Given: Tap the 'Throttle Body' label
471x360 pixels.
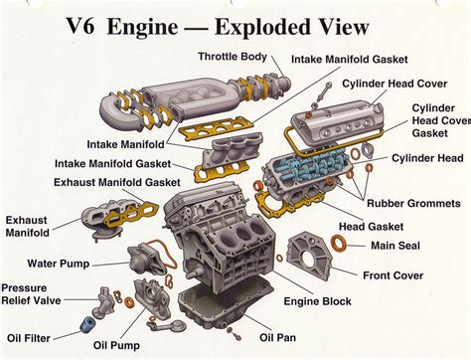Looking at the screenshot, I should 231,56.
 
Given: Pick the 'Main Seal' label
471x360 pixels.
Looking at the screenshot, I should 396,245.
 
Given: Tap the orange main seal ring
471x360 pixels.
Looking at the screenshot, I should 340,244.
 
